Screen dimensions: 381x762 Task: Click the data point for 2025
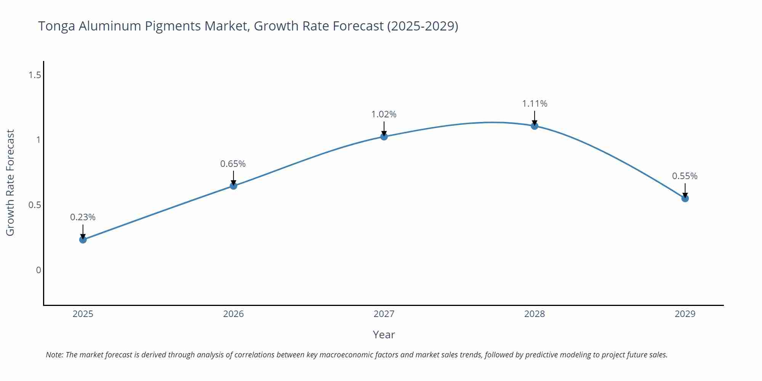(83, 240)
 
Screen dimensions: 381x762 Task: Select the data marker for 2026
(234, 186)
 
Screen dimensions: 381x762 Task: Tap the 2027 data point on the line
(384, 136)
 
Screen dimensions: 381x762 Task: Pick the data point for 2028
(535, 126)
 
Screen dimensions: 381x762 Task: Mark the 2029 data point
(685, 198)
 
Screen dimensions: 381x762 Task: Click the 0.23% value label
(83, 217)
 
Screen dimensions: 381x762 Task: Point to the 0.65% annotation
(233, 164)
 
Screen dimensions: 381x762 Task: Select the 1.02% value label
(384, 114)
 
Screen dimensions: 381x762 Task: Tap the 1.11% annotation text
(535, 104)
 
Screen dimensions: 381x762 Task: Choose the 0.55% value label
(685, 176)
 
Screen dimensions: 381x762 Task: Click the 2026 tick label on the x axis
(233, 314)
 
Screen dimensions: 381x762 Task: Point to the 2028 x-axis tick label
(535, 314)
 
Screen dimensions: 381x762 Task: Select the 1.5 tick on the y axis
(35, 75)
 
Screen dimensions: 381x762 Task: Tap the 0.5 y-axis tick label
(35, 205)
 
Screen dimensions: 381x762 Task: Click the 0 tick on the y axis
(38, 270)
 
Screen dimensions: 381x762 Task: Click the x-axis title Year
(384, 335)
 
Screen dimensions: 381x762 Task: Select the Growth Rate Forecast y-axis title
(10, 182)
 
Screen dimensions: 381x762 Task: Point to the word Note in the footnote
(54, 355)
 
